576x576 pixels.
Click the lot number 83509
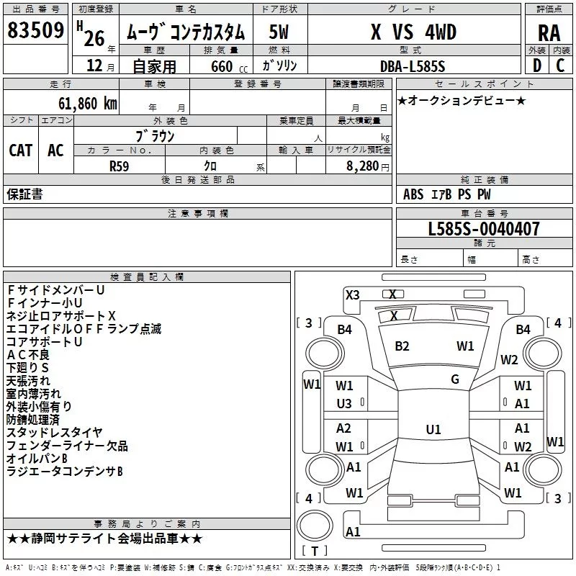tap(35, 30)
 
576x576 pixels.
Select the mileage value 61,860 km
tap(88, 104)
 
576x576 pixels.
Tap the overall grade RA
tap(549, 33)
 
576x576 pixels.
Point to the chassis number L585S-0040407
tap(484, 228)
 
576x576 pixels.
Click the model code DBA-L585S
tap(413, 66)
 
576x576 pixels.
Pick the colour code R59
tap(119, 166)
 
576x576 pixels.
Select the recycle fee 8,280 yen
tap(368, 166)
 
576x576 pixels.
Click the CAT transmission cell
tap(21, 150)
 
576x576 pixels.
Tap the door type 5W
tap(279, 32)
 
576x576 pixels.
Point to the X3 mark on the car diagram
tap(352, 295)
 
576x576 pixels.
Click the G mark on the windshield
tap(455, 379)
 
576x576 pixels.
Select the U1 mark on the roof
tap(433, 429)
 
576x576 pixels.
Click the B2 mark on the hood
tap(402, 346)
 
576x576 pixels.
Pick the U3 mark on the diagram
tap(344, 404)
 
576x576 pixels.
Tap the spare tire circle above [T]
tap(315, 526)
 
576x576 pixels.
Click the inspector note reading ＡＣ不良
tap(28, 354)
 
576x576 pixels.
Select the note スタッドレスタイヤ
tap(55, 433)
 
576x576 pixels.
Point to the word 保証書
tap(24, 194)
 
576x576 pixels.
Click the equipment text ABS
tap(413, 194)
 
